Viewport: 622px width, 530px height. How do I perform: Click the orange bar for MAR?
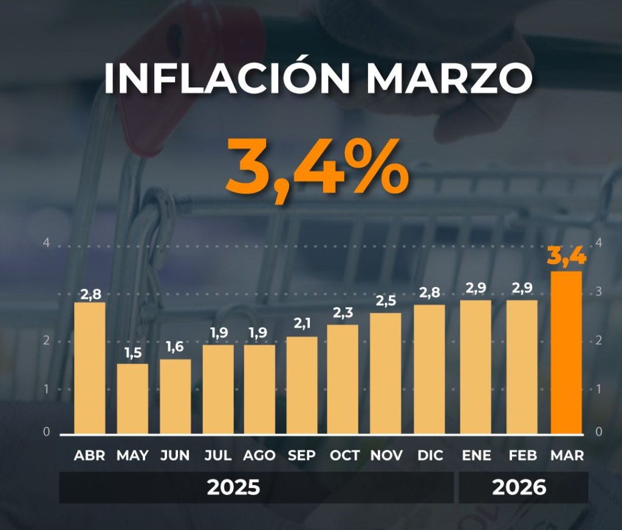(566, 352)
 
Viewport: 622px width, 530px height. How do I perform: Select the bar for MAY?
(132, 398)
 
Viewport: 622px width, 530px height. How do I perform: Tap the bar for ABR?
(89, 368)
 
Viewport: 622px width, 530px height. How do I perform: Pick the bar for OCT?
(343, 379)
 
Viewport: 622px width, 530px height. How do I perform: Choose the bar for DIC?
(429, 369)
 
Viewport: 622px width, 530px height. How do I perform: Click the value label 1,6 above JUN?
(175, 347)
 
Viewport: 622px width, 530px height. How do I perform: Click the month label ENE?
(476, 455)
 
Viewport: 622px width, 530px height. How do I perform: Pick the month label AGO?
(259, 455)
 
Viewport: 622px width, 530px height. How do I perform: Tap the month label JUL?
(218, 455)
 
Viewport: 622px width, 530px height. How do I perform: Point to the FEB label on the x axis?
(522, 455)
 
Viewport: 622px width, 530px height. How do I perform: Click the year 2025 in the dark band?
(233, 488)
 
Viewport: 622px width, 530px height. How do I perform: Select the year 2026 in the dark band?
(519, 488)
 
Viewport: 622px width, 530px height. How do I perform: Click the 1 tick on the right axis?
(599, 389)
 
